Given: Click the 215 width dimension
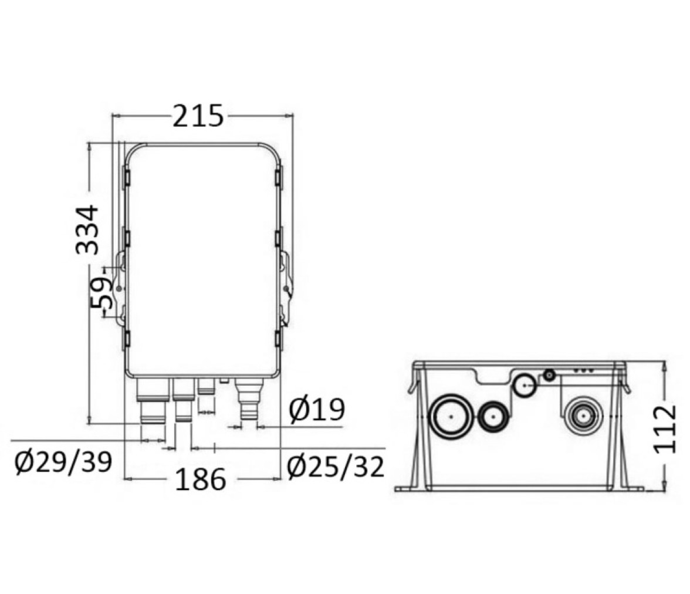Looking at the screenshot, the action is pos(198,117).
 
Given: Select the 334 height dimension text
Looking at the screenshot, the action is pos(87,230).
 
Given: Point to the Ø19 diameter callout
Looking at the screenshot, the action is pos(317,410).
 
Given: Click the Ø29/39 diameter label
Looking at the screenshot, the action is pos(63,463).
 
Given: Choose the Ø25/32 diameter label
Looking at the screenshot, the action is pos(336,467).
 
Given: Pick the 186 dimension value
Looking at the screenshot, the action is pos(201,479).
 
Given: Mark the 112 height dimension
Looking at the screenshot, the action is pos(664,429).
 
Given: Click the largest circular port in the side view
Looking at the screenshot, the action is pos(452,417).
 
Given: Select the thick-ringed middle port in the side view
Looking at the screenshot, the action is pos(494,417).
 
